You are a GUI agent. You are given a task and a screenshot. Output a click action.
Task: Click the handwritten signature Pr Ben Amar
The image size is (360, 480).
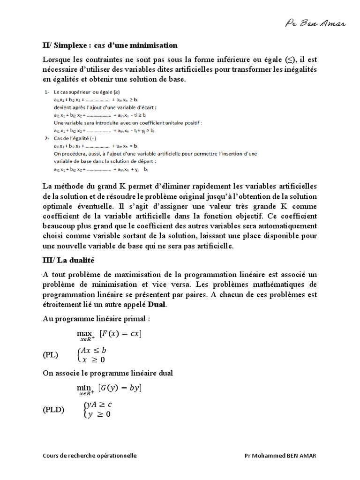[315, 23]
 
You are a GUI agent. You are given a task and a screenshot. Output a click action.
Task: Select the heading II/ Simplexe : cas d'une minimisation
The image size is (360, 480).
[110, 45]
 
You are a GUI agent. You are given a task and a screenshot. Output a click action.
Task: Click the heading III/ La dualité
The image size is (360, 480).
[68, 260]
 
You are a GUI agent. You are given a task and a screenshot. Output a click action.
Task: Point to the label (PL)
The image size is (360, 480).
[51, 355]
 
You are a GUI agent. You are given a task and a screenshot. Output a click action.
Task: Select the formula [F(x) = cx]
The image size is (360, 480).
[120, 334]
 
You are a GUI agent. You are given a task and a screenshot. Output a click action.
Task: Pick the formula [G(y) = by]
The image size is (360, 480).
[120, 388]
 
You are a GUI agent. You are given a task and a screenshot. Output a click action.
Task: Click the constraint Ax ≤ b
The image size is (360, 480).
[94, 350]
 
